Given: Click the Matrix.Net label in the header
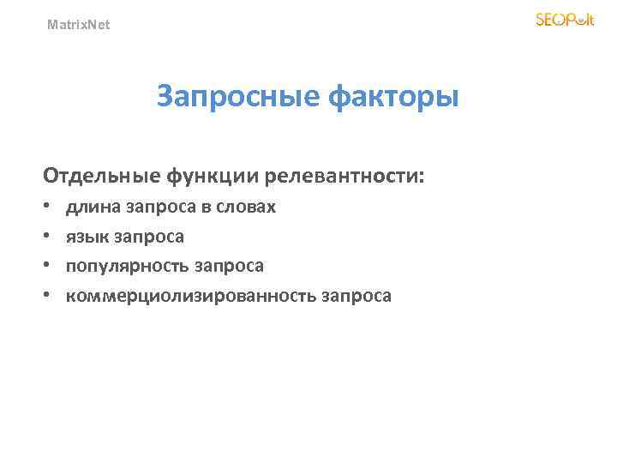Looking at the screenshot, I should pyautogui.click(x=78, y=25).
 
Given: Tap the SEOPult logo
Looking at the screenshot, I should pyautogui.click(x=564, y=20).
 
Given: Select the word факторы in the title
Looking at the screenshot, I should pyautogui.click(x=394, y=97).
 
